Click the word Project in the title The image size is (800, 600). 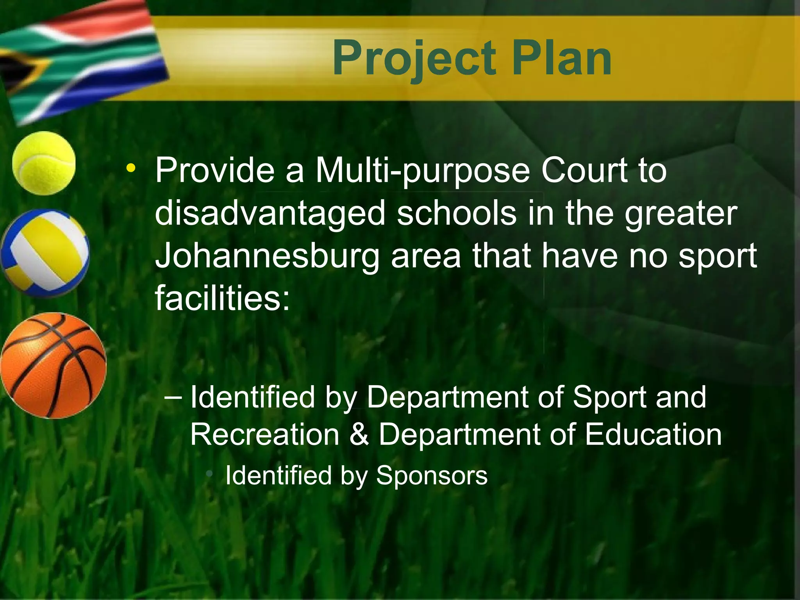pyautogui.click(x=414, y=59)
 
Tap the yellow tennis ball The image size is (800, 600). pyautogui.click(x=44, y=163)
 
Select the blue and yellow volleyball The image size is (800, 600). pyautogui.click(x=45, y=253)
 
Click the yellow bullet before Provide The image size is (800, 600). pyautogui.click(x=131, y=169)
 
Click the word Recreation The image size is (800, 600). pyautogui.click(x=265, y=435)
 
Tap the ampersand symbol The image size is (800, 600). pyautogui.click(x=359, y=435)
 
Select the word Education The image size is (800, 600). pyautogui.click(x=653, y=435)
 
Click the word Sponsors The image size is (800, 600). pyautogui.click(x=432, y=475)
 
